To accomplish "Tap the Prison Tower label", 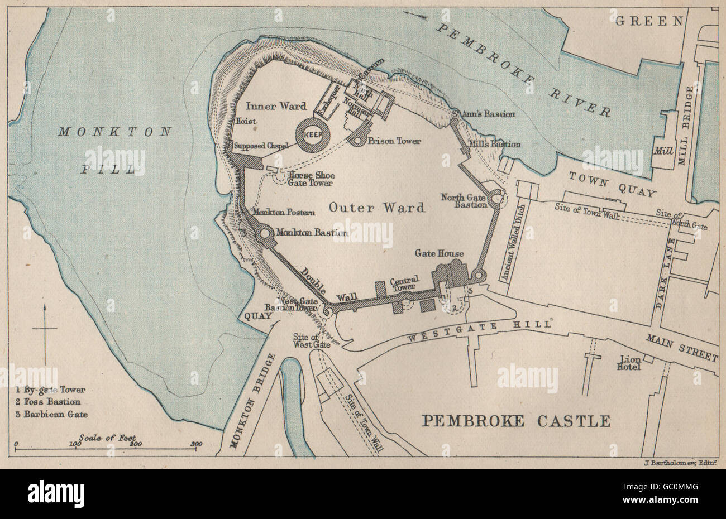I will pyautogui.click(x=394, y=141).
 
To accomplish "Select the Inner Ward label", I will pyautogui.click(x=269, y=106).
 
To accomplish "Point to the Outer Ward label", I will pyautogui.click(x=376, y=208).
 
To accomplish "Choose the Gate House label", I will pyautogui.click(x=438, y=253).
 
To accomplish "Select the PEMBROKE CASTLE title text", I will pyautogui.click(x=515, y=421).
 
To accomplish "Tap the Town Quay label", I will pyautogui.click(x=612, y=185).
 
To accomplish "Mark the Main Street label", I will pyautogui.click(x=681, y=347).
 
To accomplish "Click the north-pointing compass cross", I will pyautogui.click(x=45, y=329).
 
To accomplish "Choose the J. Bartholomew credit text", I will pyautogui.click(x=675, y=462).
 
